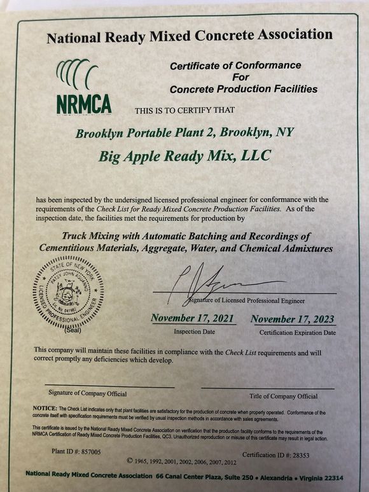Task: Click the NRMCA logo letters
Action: (83, 104)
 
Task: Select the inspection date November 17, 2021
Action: (191, 318)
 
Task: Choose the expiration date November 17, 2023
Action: (292, 319)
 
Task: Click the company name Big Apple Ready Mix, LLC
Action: (184, 155)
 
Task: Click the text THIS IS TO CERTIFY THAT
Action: (184, 109)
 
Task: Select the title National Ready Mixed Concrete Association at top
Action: (189, 36)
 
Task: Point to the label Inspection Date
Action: (191, 332)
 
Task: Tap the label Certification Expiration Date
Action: (297, 332)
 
